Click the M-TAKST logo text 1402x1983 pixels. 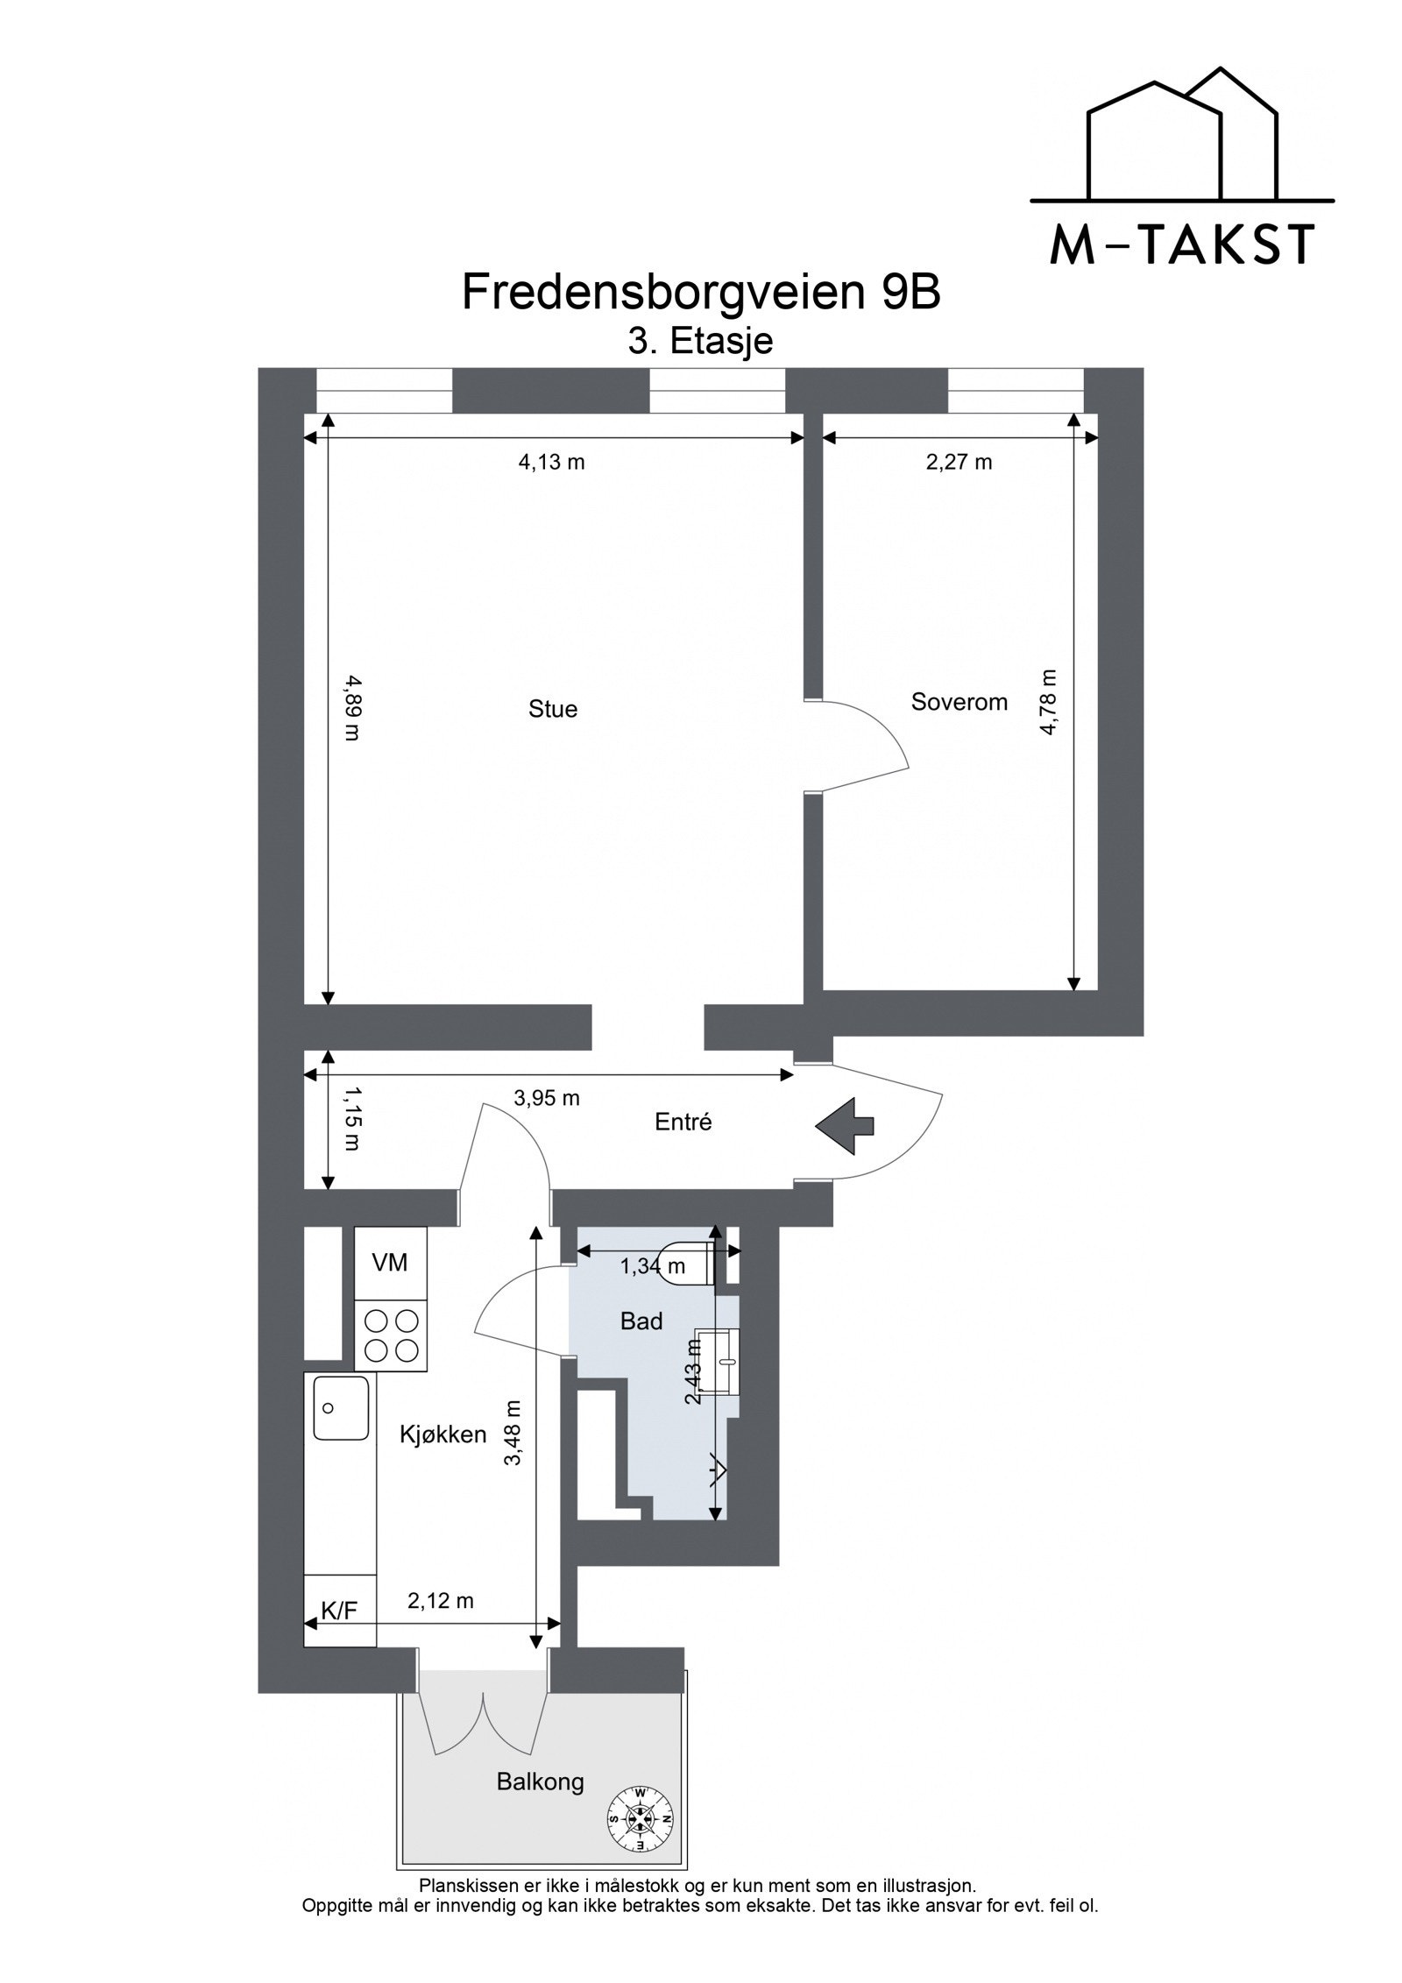1182,245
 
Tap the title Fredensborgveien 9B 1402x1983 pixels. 700,293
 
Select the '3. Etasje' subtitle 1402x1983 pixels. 700,341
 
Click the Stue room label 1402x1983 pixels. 553,709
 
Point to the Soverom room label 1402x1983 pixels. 959,701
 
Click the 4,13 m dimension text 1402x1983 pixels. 551,462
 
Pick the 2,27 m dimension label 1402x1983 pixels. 959,462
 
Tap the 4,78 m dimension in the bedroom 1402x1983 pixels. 1048,702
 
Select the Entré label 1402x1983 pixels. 683,1122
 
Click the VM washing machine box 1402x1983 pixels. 390,1262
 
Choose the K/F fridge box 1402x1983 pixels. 339,1610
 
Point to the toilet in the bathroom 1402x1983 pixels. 691,1263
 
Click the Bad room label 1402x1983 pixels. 641,1321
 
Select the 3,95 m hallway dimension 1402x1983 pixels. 547,1098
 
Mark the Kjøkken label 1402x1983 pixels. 443,1434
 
